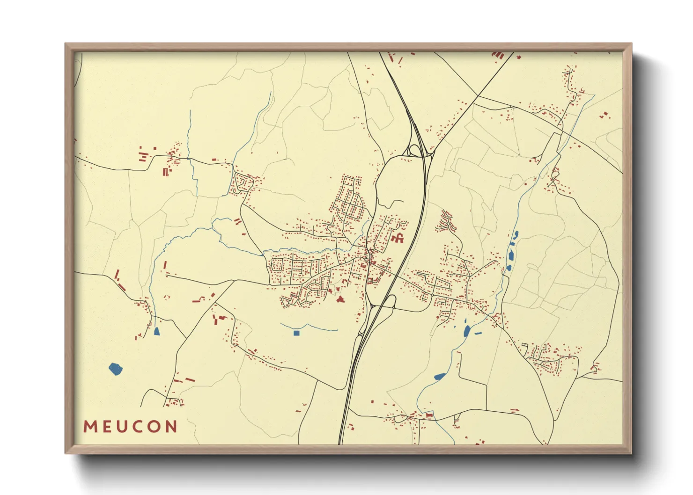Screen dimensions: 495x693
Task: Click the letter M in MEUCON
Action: [x=90, y=427]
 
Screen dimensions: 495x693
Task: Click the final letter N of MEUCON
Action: [x=171, y=427]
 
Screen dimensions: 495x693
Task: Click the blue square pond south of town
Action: [x=296, y=333]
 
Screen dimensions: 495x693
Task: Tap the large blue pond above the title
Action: [x=115, y=369]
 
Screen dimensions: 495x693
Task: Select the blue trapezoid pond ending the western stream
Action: [x=156, y=332]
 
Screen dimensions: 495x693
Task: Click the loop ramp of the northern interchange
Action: [x=415, y=150]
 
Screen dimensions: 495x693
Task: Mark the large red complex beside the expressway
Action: [x=398, y=238]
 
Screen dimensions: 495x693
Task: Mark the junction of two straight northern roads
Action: [x=478, y=96]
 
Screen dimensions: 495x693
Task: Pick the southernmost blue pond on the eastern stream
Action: [x=440, y=376]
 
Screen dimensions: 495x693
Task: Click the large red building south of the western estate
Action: [x=340, y=298]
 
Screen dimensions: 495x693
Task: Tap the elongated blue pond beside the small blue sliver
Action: [x=466, y=331]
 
